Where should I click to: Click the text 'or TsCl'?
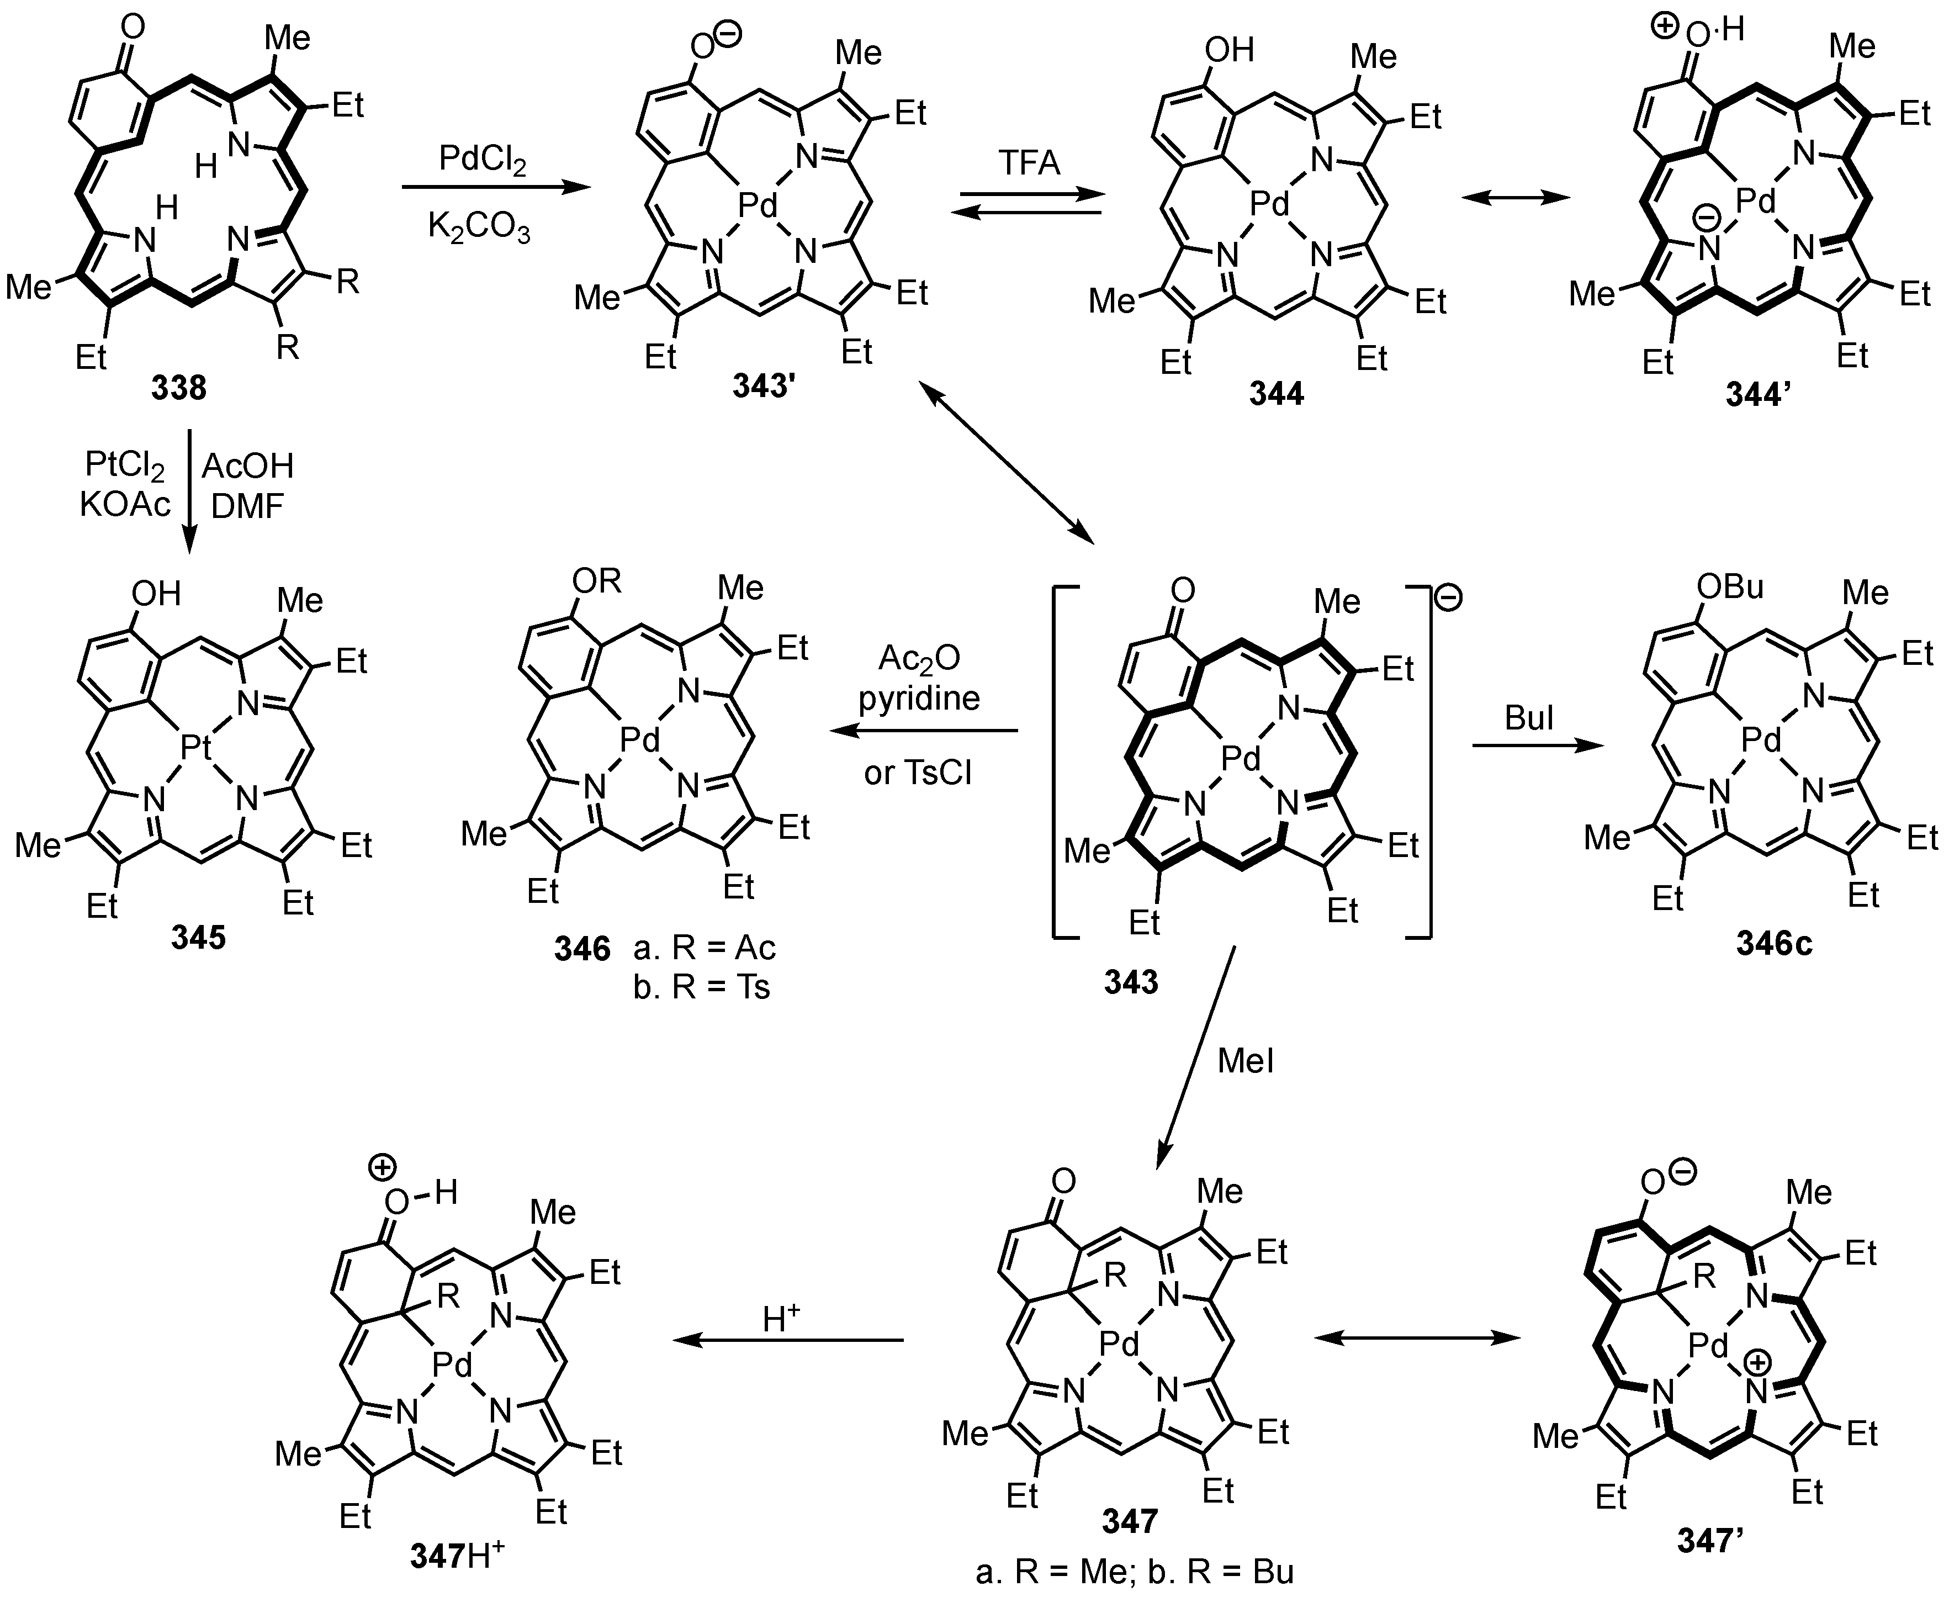click(x=918, y=772)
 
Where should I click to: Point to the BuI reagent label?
click(x=1529, y=717)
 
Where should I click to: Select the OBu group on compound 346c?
click(x=1730, y=586)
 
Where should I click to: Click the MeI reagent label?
click(x=1246, y=1061)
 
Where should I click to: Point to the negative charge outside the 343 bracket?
click(x=1448, y=598)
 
